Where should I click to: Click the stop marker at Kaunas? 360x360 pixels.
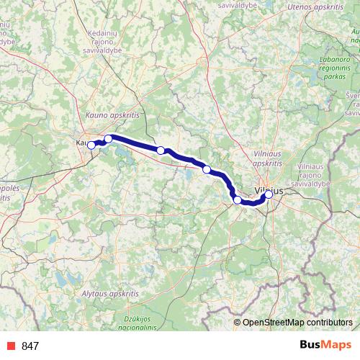pos(91,145)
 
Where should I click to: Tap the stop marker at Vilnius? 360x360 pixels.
pos(269,194)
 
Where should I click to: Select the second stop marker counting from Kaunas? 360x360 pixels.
pos(108,138)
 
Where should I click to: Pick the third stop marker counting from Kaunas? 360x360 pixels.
pos(161,150)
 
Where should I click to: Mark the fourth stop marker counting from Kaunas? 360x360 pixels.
pos(207,169)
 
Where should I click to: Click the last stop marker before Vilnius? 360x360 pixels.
pos(237,199)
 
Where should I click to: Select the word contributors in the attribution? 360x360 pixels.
pos(332,323)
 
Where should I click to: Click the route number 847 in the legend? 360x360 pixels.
pos(30,346)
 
